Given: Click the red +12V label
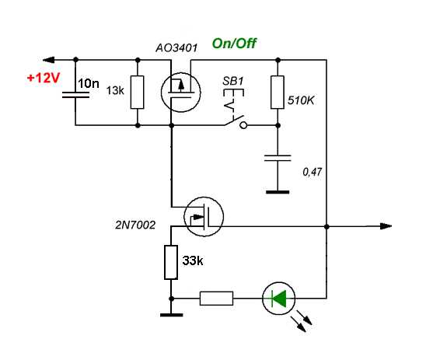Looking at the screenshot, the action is (44, 78).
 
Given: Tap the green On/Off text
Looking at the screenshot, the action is (234, 44).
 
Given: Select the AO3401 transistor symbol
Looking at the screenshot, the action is (181, 92).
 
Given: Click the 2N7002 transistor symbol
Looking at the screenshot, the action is (204, 217).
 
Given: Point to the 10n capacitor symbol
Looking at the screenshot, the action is (75, 95).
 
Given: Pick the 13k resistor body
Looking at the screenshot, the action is (138, 92).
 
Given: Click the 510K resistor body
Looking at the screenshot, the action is (278, 92).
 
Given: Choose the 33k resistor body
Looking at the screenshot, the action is (171, 262).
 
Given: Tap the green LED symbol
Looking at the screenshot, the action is (279, 299).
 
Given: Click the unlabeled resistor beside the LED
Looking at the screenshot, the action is (216, 299).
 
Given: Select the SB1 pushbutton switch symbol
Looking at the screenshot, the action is (235, 109).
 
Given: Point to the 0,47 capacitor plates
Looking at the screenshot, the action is (278, 158).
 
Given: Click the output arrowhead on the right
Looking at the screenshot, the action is (386, 226).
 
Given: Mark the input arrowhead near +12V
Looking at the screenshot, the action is (49, 60).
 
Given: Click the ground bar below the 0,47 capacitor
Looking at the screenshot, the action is (278, 192).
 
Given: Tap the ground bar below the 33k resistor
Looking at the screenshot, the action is (171, 315).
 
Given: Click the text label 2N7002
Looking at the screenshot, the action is (135, 225).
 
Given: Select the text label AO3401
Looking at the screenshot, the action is (176, 48).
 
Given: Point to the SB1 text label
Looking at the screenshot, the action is (233, 81).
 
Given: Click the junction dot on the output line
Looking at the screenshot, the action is (326, 226).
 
